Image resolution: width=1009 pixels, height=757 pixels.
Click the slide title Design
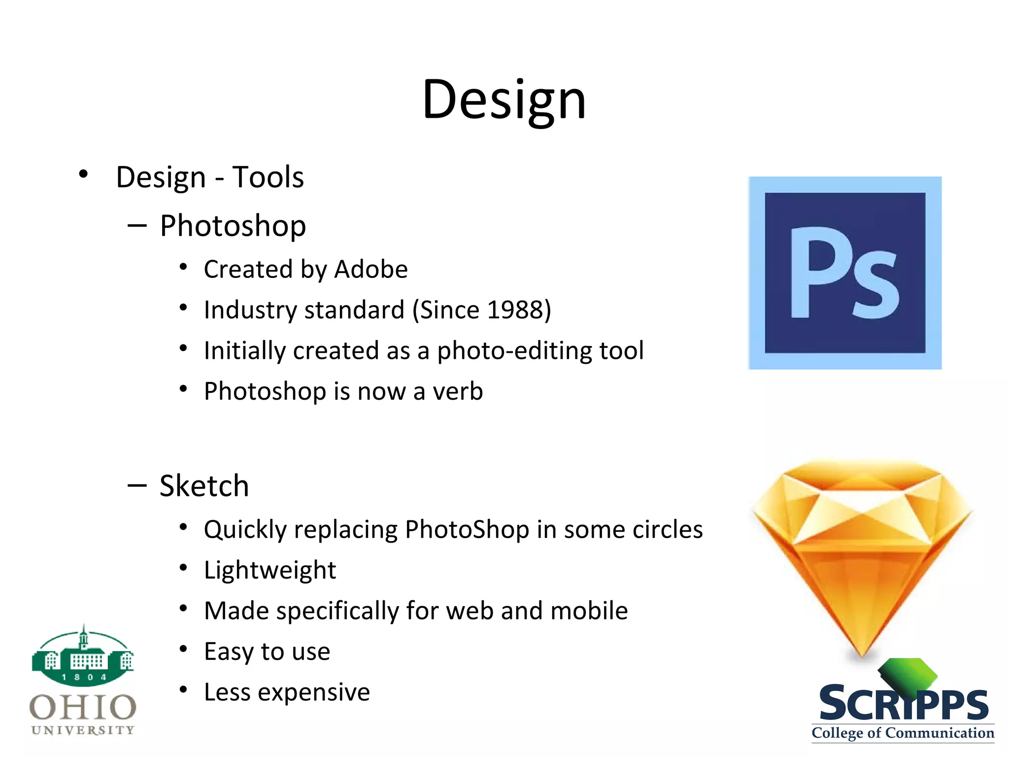(504, 100)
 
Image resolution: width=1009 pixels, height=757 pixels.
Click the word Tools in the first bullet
(268, 177)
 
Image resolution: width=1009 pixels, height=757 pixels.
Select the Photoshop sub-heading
(233, 226)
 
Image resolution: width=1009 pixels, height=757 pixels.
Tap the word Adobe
(371, 270)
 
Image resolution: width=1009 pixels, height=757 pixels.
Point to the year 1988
(514, 310)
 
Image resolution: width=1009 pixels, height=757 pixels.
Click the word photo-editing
(514, 351)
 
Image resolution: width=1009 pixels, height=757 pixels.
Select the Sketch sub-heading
(204, 486)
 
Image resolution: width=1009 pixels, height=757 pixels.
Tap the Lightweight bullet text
(269, 571)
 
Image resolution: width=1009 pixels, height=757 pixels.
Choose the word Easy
(228, 652)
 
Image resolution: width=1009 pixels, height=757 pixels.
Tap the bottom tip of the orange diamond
(863, 654)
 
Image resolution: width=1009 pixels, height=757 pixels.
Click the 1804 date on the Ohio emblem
(83, 678)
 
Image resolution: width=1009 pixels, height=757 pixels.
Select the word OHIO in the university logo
(83, 708)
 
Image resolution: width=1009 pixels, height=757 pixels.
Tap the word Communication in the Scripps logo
(940, 733)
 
